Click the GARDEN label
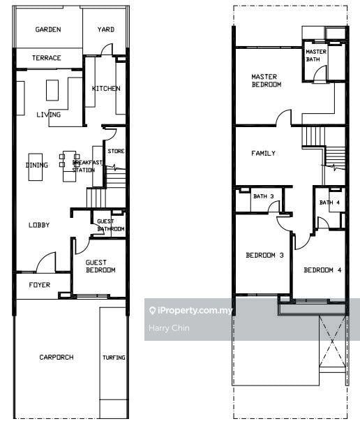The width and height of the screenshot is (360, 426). tap(48, 29)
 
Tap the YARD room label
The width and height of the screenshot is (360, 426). tap(106, 29)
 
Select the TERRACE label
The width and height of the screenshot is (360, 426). tap(47, 58)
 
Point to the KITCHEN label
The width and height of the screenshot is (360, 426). tap(106, 88)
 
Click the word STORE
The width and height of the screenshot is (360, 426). tap(116, 151)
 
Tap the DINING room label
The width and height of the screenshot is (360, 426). tap(37, 165)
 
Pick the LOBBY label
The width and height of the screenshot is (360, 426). tap(39, 225)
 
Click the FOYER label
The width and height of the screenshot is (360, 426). tap(40, 285)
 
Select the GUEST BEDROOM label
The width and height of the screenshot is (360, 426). tap(100, 266)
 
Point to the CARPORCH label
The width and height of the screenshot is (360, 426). tap(57, 357)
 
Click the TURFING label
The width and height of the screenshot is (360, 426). tap(114, 358)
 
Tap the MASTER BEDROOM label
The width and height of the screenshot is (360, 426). tap(267, 81)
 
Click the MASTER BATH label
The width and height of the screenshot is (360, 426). tap(316, 55)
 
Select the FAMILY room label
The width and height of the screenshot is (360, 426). tap(263, 153)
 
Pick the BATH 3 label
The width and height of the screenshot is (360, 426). tap(263, 196)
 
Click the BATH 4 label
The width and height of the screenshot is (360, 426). tap(329, 203)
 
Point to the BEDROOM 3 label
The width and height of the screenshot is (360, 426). tap(264, 255)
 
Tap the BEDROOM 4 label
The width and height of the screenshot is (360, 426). tap(322, 270)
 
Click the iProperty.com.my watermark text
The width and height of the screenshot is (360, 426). tap(195, 310)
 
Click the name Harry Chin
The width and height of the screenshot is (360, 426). tap(169, 328)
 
